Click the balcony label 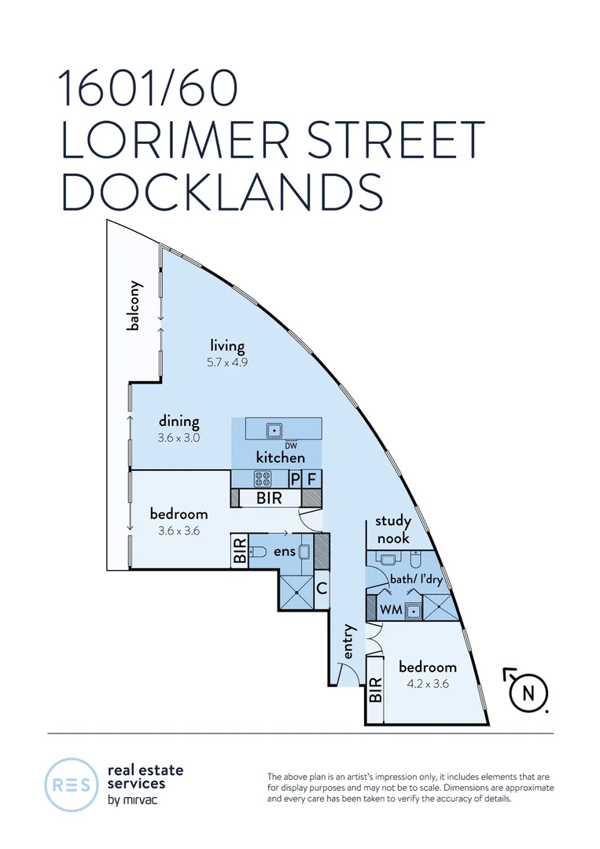click(134, 306)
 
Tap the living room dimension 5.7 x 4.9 click(227, 363)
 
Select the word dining click(179, 421)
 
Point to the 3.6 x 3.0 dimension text click(179, 439)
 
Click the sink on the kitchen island click(274, 430)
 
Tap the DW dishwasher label click(278, 445)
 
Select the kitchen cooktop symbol click(262, 478)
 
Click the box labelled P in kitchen click(296, 478)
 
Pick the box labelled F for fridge click(313, 478)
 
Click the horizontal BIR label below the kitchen click(269, 498)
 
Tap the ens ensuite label click(284, 552)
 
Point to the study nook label click(392, 529)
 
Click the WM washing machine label click(390, 609)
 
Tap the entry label click(349, 643)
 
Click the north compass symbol click(527, 692)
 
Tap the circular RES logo click(70, 784)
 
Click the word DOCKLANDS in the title click(222, 191)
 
